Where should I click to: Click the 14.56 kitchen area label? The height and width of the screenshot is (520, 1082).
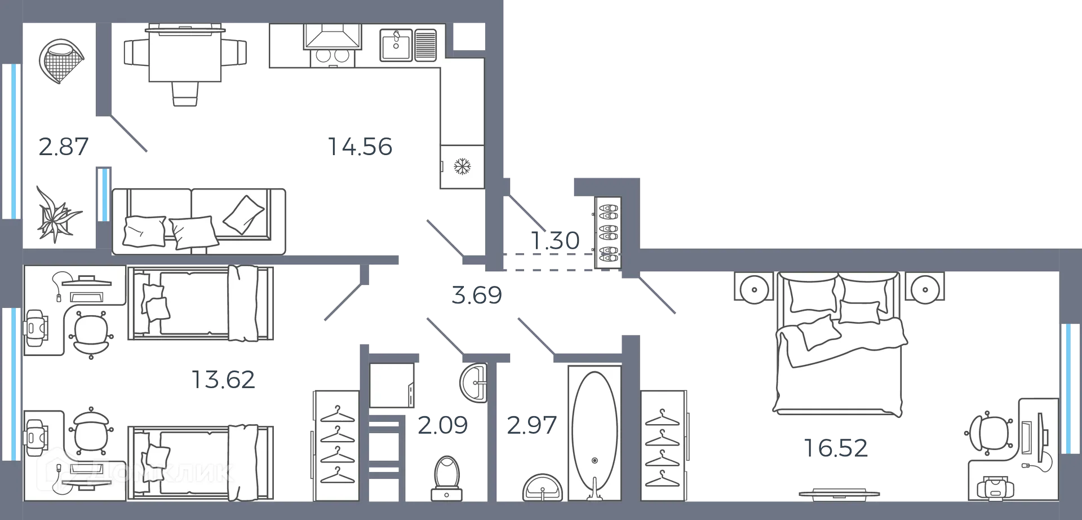360,147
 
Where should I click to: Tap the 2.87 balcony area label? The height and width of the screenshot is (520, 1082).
63,147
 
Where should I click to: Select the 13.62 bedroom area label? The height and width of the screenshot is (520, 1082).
223,380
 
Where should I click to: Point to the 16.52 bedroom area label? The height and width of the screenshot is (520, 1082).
836,448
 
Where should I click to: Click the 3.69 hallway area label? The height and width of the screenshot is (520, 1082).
476,295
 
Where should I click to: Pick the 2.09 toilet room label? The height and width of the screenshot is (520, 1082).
443,425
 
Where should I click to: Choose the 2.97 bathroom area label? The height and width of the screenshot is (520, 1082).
532,425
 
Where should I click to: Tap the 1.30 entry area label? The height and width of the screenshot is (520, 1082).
556,241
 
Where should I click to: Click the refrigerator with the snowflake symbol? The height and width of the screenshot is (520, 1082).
462,166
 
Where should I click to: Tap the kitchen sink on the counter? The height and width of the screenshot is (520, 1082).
397,45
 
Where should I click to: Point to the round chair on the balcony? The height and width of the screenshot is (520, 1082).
61,60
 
